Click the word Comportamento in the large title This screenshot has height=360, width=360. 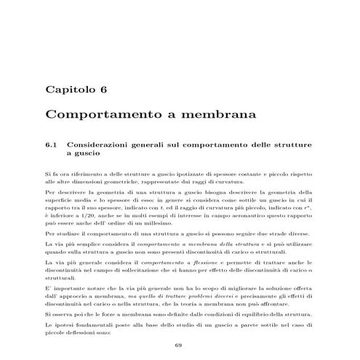point(98,115)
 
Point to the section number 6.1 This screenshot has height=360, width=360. point(51,145)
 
